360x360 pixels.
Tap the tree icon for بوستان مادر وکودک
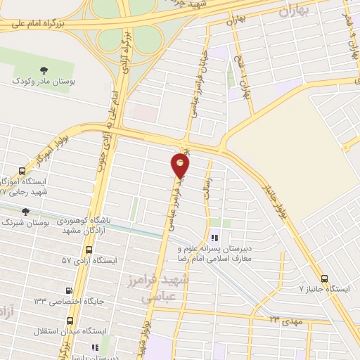tap(44, 70)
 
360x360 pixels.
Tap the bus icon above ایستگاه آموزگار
tap(22, 170)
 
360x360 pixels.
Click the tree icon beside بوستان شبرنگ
tap(26, 211)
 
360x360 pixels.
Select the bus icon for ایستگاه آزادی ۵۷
tap(89, 250)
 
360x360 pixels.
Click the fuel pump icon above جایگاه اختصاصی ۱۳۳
tap(68, 290)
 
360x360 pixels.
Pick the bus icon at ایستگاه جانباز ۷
tap(324, 278)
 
